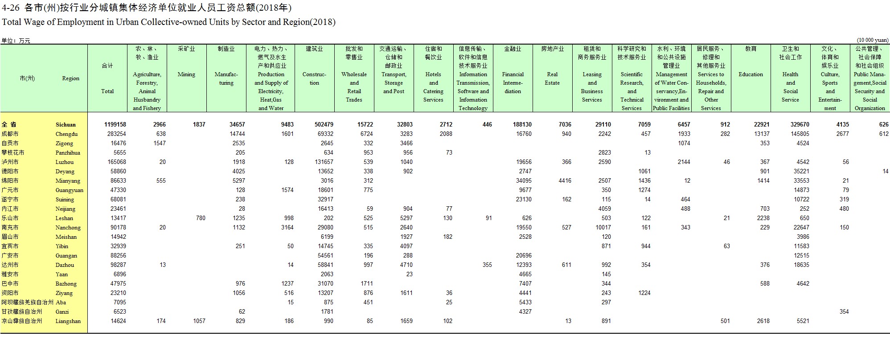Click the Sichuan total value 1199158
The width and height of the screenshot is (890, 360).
(115, 125)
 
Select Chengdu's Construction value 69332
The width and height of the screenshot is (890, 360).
(324, 134)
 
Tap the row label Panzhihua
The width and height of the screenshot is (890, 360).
(68, 153)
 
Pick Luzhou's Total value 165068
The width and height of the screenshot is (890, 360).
(117, 162)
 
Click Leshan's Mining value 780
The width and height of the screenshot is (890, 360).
(201, 218)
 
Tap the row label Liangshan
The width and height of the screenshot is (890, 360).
(68, 321)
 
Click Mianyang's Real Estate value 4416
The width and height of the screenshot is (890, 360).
(565, 181)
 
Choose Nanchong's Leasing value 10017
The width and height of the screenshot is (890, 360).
(603, 228)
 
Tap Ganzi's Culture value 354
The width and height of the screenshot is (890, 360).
(844, 312)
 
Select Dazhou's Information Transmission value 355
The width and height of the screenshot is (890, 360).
(487, 265)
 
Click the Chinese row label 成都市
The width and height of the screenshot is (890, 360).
(10, 134)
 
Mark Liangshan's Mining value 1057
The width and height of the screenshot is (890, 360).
(199, 321)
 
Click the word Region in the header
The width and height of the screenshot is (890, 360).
(70, 78)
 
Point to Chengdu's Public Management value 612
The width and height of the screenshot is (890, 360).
(884, 134)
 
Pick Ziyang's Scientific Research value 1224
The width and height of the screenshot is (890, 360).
(644, 293)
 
